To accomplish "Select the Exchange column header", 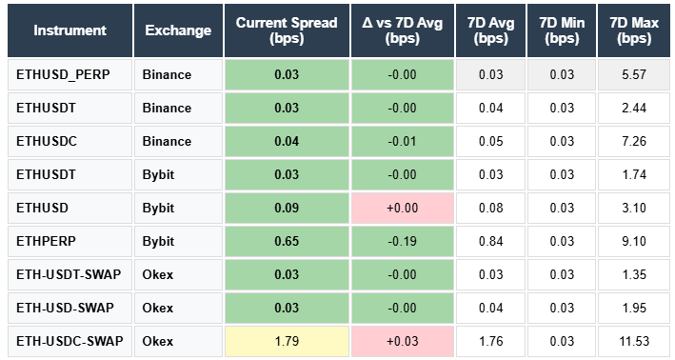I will (x=178, y=30).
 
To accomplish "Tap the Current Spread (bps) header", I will (x=286, y=30).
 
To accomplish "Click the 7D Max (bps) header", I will (x=634, y=30).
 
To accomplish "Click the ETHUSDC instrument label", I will (x=47, y=141).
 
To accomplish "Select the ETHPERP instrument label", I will (x=47, y=241).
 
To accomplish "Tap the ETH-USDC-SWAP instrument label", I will (x=69, y=341).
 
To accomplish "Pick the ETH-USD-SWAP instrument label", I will (x=65, y=308).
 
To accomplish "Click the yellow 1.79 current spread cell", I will (x=286, y=341).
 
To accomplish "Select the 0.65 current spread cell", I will (x=286, y=241).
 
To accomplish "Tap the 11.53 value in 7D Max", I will (x=634, y=341).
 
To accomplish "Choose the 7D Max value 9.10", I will (x=634, y=241).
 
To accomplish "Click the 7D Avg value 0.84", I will (x=491, y=241).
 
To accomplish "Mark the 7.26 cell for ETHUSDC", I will (x=634, y=141).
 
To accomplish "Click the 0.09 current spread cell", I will (x=286, y=208).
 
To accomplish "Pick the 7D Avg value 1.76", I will (x=491, y=341).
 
